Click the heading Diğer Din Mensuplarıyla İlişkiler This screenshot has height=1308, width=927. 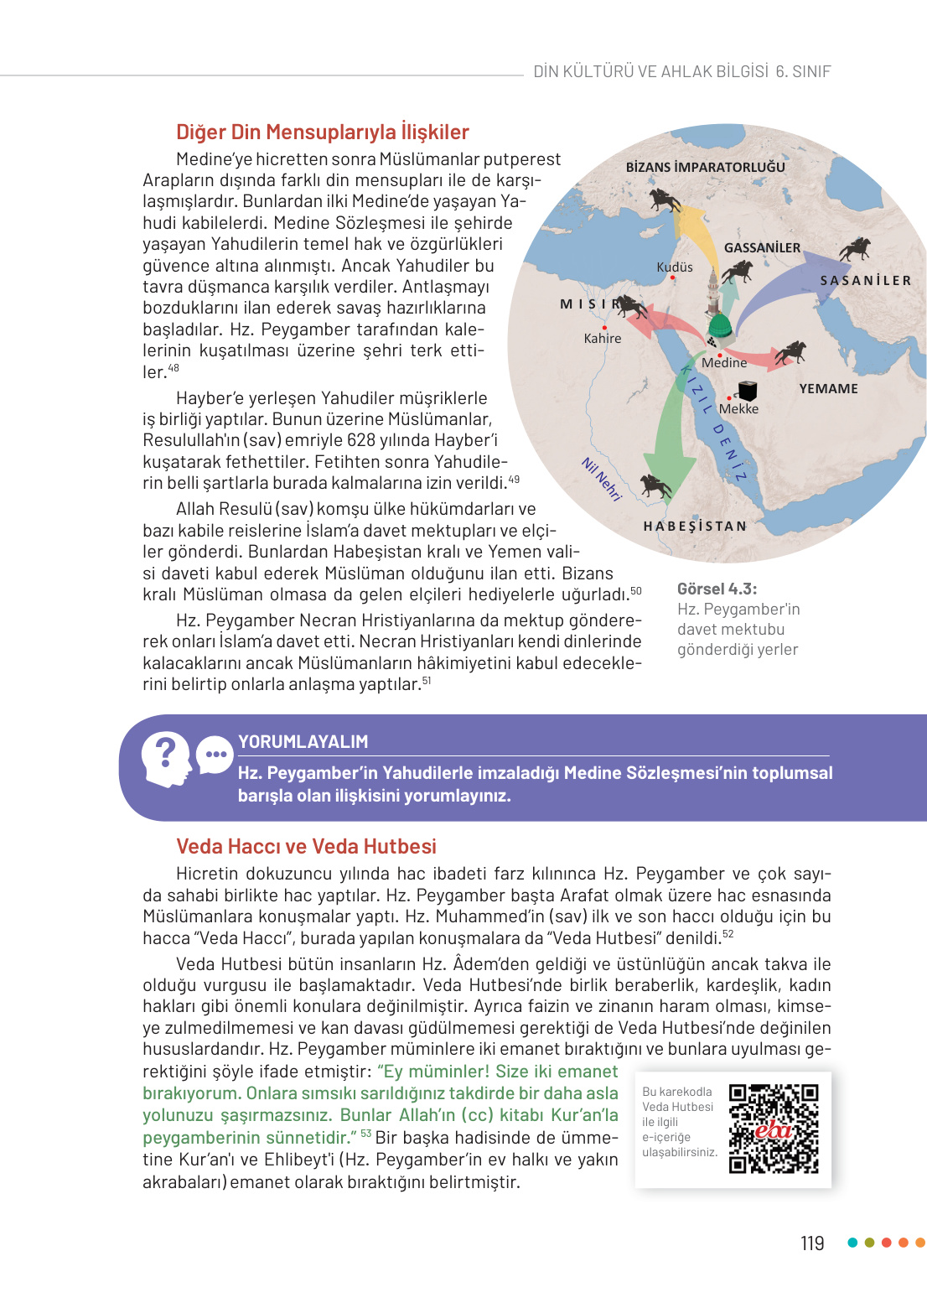[x=322, y=132]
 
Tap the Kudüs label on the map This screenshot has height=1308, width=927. [x=675, y=267]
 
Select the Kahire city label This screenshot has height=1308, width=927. [x=603, y=339]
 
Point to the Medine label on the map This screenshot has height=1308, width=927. [x=724, y=363]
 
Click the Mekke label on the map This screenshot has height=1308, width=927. [x=738, y=409]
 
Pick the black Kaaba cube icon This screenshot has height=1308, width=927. [x=747, y=391]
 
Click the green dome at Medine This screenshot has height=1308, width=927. [x=720, y=325]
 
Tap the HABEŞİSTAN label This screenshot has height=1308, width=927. [x=695, y=527]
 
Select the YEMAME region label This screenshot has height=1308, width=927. [x=828, y=389]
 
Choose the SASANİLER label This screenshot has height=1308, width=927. [x=865, y=281]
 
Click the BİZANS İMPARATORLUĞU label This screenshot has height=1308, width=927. [x=705, y=168]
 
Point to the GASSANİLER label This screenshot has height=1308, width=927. [x=762, y=248]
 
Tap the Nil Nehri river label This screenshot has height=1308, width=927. [x=602, y=480]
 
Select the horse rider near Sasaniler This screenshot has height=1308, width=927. [x=856, y=249]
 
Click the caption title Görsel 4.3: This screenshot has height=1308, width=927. [x=717, y=589]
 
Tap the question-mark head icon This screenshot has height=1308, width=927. [x=166, y=758]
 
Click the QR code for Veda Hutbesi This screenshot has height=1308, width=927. [x=773, y=1129]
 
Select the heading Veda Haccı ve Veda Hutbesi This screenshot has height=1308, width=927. [x=306, y=847]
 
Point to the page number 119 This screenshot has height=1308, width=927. [x=812, y=1243]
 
